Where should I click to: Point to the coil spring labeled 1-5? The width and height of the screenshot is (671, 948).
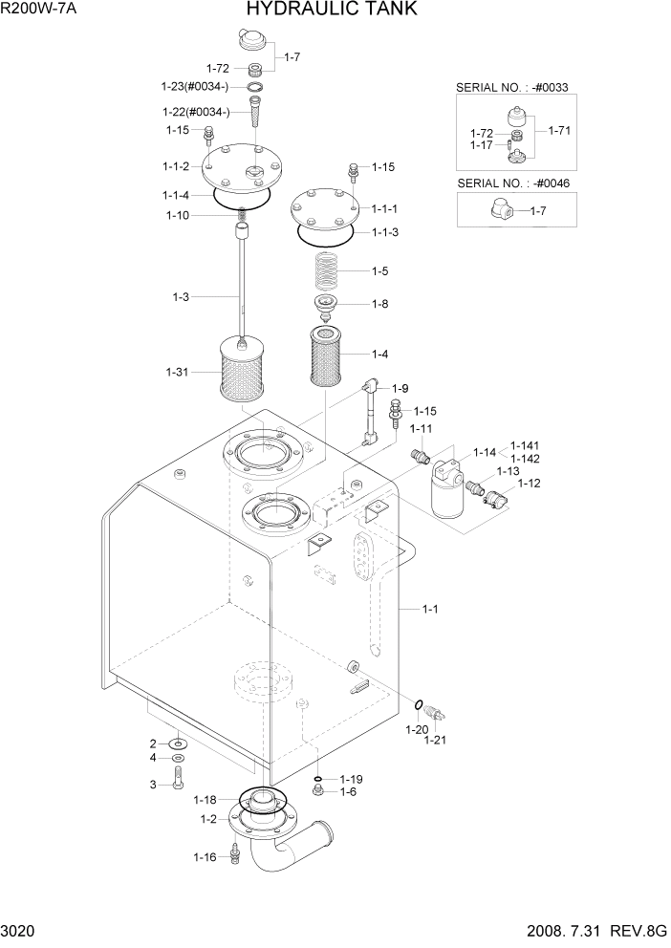328,269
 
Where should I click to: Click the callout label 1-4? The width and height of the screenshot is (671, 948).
379,354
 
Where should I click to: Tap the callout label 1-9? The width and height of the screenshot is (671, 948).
399,388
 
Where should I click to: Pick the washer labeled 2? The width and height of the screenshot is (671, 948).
178,743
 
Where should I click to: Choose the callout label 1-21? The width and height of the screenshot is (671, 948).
435,739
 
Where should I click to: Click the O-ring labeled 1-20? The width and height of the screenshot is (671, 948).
420,706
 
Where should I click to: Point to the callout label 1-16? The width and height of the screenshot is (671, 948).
205,857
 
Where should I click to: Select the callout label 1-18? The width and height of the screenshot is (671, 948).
206,799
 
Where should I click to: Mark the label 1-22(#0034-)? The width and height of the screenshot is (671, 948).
196,112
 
